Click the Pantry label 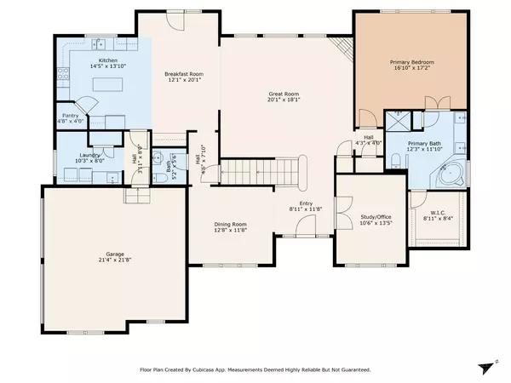tap(71, 116)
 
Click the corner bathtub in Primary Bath tap(451, 175)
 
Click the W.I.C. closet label tap(435, 212)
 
